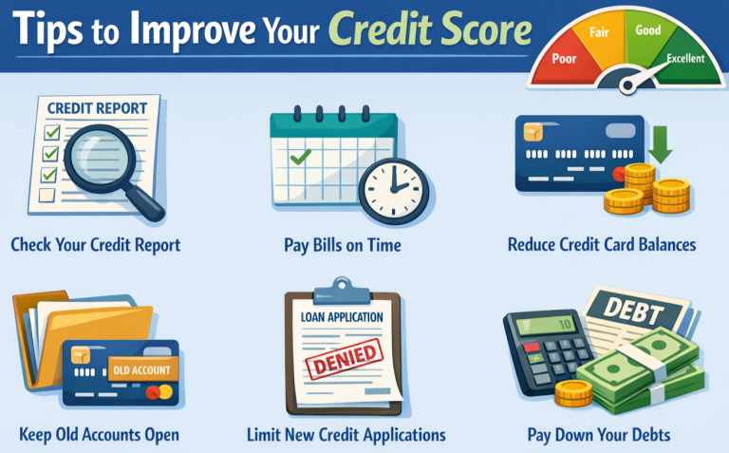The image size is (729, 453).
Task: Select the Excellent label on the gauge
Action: [684, 59]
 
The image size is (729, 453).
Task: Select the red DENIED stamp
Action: [343, 360]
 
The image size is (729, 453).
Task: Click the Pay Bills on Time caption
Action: [342, 245]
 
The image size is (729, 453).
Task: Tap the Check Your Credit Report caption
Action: [95, 245]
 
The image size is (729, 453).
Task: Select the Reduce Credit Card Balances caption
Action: [602, 245]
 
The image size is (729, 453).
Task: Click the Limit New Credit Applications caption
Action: [346, 435]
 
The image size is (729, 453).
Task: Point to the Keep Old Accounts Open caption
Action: [99, 435]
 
